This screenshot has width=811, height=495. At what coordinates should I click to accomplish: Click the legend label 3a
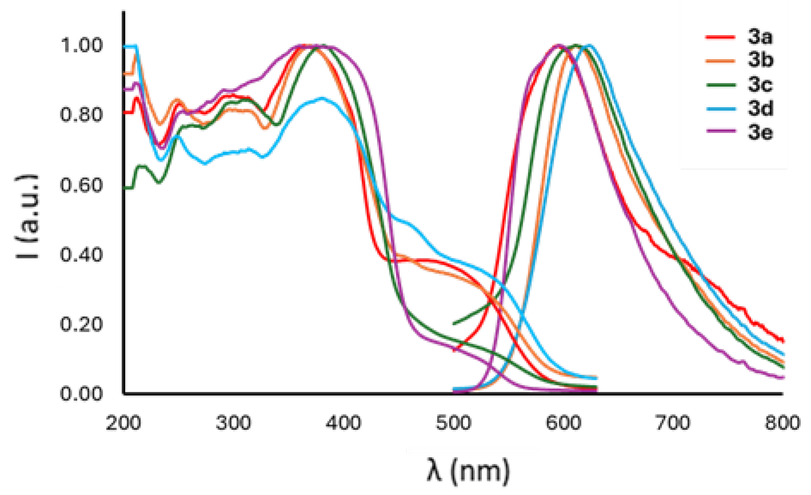click(x=760, y=37)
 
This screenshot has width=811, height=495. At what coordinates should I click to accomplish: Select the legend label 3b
click(x=760, y=60)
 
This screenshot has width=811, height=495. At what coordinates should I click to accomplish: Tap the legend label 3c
click(x=760, y=84)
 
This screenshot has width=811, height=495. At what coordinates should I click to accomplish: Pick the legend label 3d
click(x=760, y=108)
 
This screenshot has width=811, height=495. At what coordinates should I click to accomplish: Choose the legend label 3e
click(x=760, y=132)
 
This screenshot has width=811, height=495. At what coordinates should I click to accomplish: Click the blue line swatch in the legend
click(x=721, y=109)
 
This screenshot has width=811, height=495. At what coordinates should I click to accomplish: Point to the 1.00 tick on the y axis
click(x=81, y=45)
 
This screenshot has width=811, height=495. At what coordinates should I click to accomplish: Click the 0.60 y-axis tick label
click(x=81, y=185)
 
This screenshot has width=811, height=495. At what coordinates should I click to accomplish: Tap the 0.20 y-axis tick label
click(x=81, y=324)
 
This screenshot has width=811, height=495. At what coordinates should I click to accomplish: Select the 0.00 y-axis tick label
click(x=81, y=393)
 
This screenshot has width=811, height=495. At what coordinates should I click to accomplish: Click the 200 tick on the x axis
click(x=123, y=423)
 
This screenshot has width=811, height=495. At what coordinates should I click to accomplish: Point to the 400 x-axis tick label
click(x=343, y=423)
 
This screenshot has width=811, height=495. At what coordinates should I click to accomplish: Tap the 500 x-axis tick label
click(x=453, y=423)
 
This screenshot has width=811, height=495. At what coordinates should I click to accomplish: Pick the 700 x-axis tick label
click(x=673, y=423)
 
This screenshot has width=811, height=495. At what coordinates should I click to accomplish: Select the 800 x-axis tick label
click(x=782, y=423)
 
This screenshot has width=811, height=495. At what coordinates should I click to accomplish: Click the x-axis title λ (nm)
click(x=468, y=471)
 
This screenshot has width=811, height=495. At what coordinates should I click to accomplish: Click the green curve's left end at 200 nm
click(x=125, y=188)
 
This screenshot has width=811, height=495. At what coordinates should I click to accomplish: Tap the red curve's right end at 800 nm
click(x=782, y=341)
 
